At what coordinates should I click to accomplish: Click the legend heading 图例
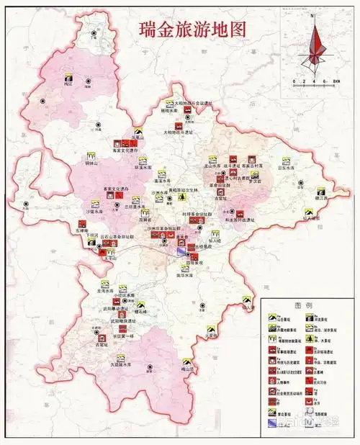(302, 305)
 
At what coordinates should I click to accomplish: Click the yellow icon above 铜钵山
(91, 155)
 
